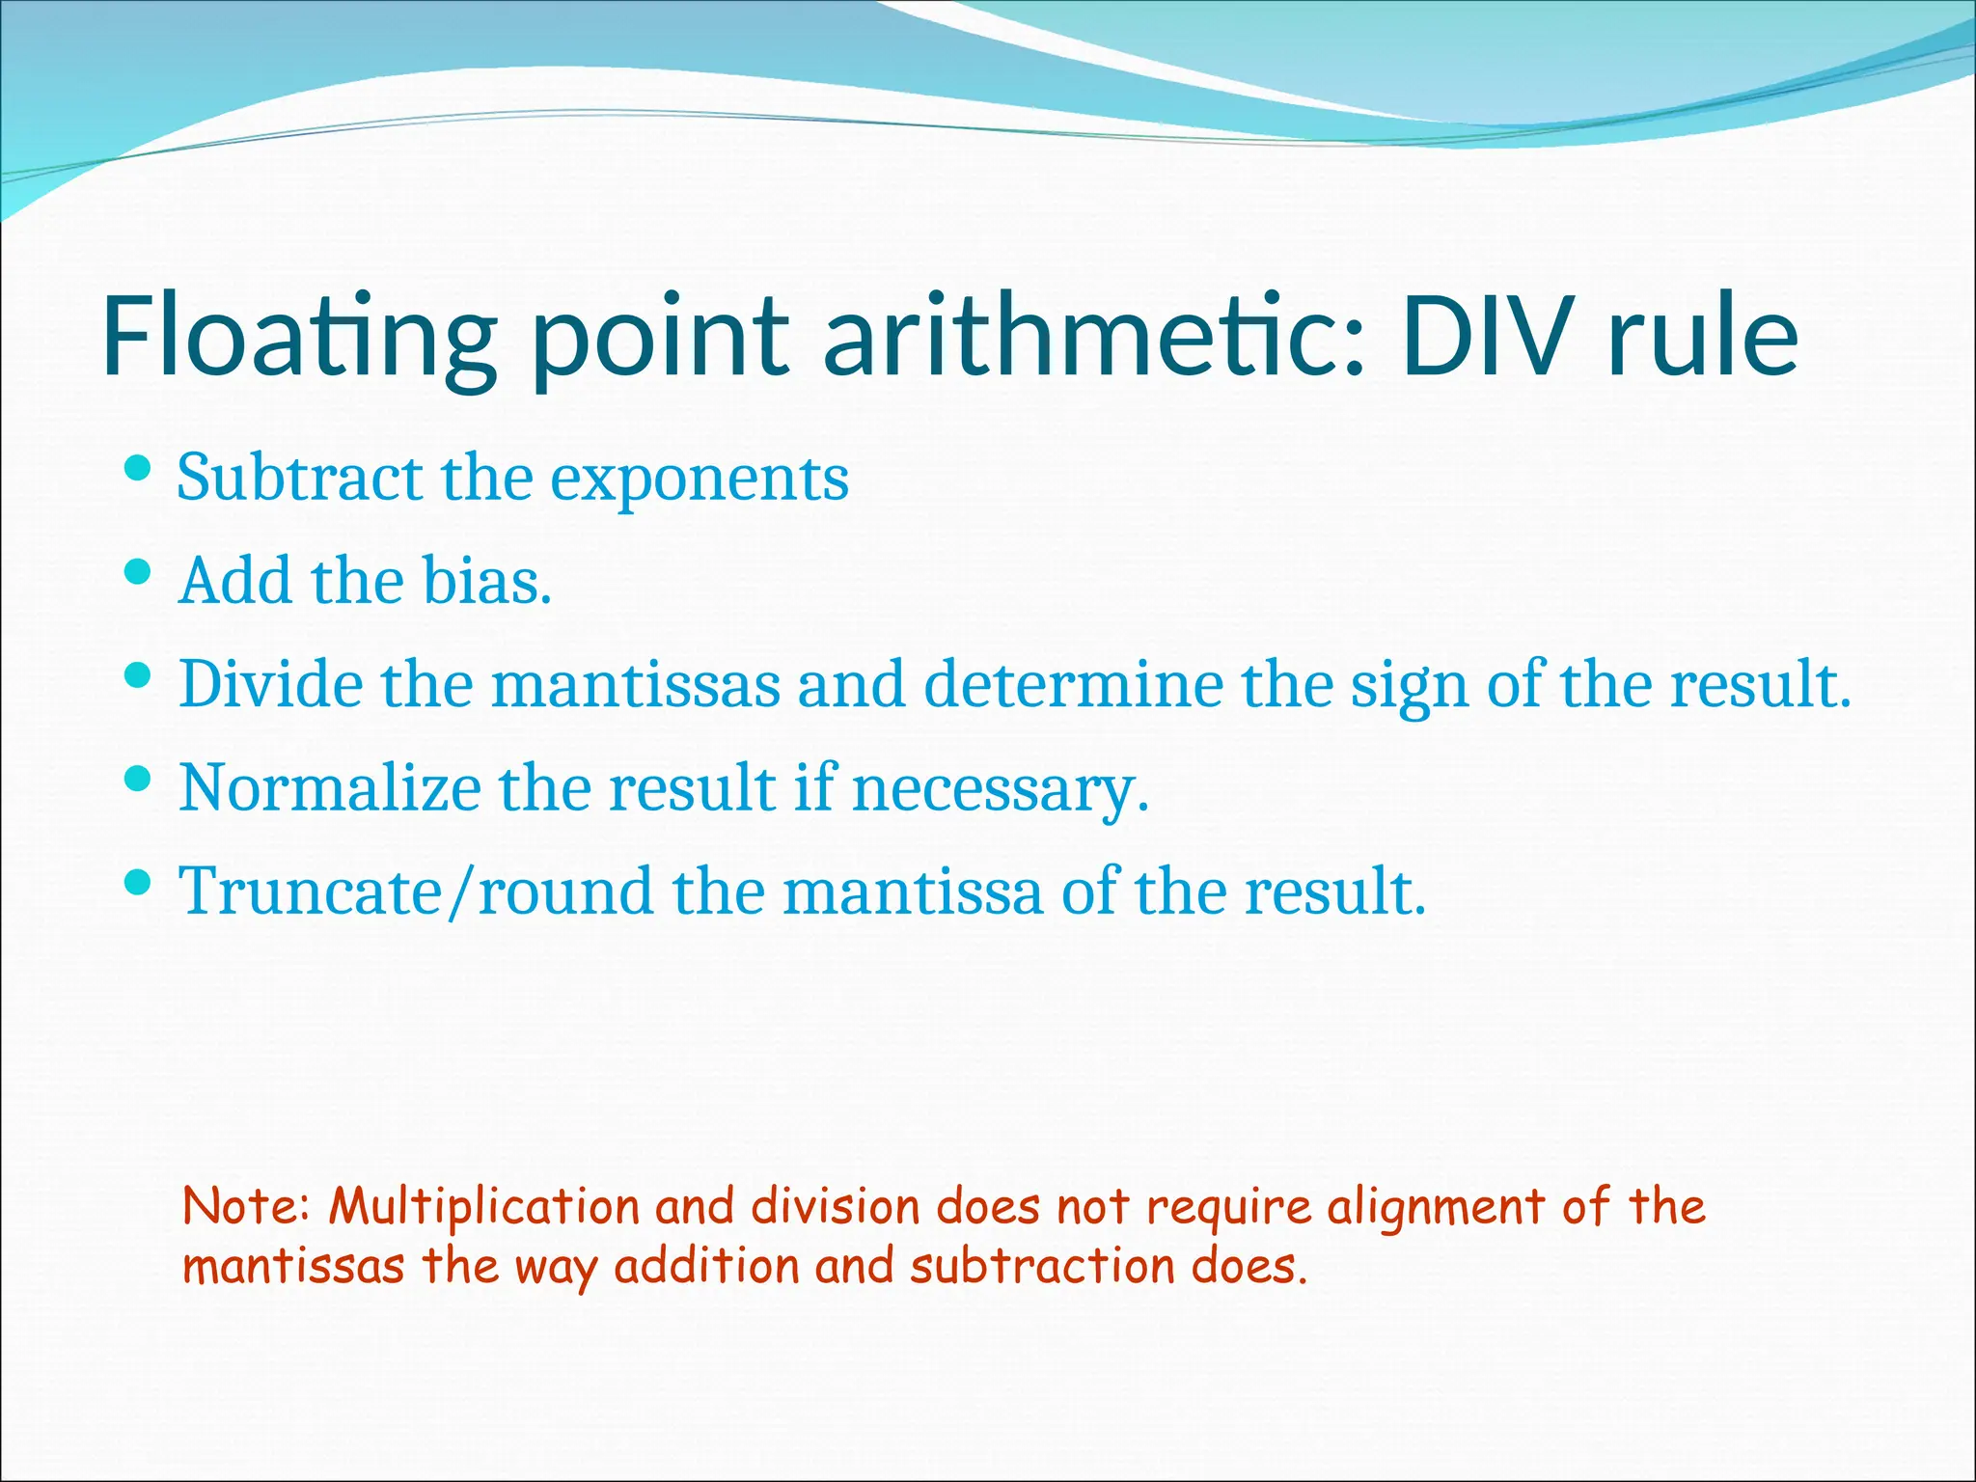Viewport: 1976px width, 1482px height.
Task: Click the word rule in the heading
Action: coord(1703,335)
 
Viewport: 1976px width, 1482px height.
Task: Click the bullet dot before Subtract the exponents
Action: coord(139,470)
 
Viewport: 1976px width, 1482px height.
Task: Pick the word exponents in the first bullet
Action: coord(700,480)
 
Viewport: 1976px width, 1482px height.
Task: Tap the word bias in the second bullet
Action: coord(481,582)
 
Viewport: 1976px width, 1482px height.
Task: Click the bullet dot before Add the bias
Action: coord(139,573)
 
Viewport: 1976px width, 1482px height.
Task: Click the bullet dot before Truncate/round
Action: coord(139,882)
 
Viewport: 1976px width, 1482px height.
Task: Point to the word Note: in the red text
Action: coord(247,1207)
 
